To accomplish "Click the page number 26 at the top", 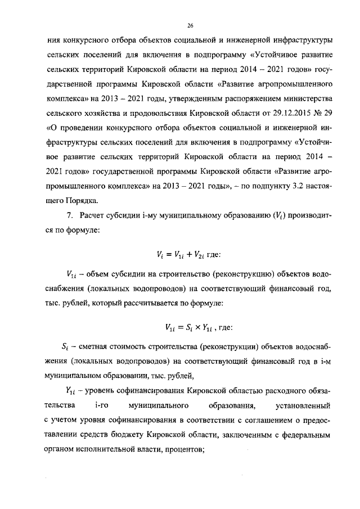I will coord(190,25).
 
